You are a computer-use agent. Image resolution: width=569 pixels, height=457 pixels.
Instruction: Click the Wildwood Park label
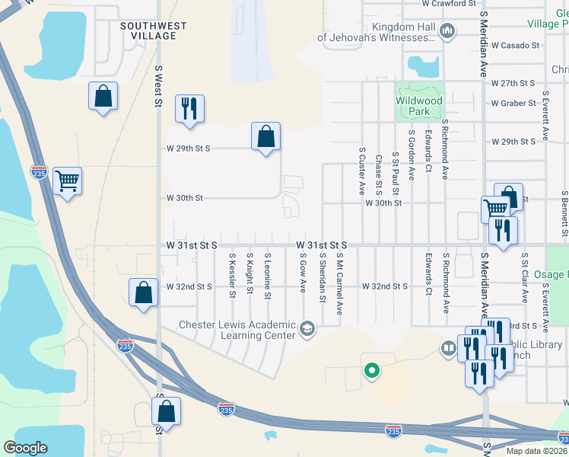pos(419,106)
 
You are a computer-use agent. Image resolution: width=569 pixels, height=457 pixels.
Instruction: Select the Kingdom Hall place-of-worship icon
pos(447,31)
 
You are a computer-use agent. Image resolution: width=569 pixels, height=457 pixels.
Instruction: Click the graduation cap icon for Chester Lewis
pos(307,329)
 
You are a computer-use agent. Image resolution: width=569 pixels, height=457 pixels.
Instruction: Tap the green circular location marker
pos(371,371)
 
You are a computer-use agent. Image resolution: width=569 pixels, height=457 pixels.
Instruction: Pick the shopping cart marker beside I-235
pos(68,181)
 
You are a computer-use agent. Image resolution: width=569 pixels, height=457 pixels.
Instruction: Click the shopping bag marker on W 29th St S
pos(265,137)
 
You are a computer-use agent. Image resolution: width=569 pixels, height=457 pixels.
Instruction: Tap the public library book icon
pos(448,349)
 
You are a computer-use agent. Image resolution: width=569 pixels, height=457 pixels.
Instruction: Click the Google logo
pos(25,448)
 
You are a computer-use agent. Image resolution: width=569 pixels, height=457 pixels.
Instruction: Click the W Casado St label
pos(515,45)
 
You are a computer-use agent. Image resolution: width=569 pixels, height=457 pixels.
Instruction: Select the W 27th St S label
pos(513,82)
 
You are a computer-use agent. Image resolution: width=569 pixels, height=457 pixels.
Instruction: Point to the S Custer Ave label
pos(362,171)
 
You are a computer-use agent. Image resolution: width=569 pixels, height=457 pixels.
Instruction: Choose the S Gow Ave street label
pos(303,275)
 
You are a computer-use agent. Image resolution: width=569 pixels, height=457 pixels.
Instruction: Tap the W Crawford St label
pos(449,4)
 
